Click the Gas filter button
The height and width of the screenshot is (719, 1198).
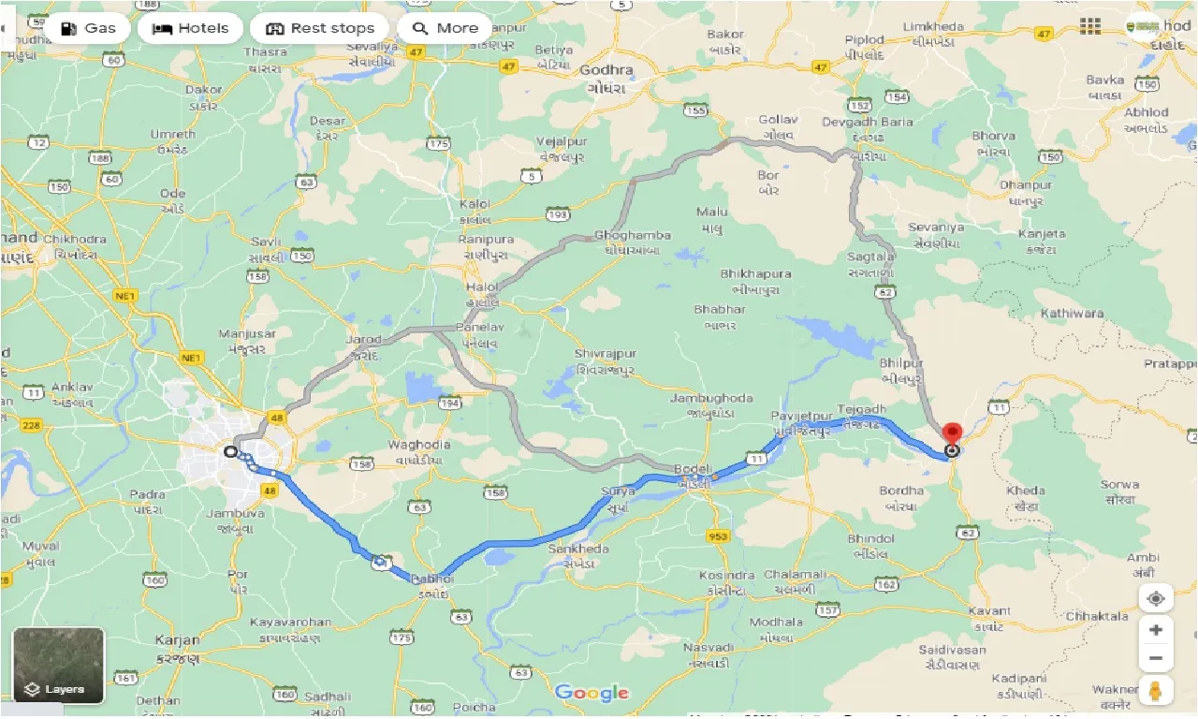click(87, 28)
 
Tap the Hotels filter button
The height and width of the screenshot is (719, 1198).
click(191, 28)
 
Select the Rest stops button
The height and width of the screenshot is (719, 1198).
click(320, 28)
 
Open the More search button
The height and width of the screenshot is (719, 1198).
click(446, 28)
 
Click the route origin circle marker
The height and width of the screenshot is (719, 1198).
click(231, 451)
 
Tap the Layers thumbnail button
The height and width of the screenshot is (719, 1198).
click(58, 666)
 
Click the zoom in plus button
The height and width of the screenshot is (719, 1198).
click(1156, 630)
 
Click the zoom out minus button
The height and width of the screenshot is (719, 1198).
click(1156, 659)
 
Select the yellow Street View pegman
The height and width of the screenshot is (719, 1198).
click(1156, 691)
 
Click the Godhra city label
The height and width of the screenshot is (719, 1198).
click(606, 70)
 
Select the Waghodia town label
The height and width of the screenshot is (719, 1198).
click(421, 445)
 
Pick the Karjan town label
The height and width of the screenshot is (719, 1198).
click(178, 640)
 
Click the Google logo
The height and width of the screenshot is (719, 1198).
click(591, 693)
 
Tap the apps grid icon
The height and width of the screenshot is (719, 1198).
click(1090, 26)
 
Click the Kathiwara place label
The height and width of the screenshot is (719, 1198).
click(1072, 314)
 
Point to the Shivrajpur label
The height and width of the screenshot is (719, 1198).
click(605, 353)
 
